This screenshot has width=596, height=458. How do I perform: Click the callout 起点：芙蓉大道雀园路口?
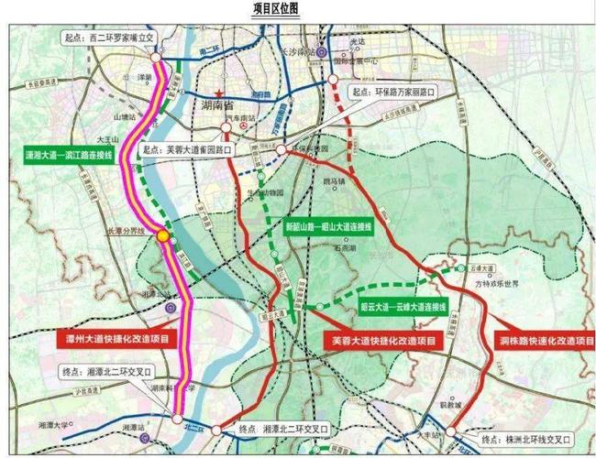(x=188, y=147)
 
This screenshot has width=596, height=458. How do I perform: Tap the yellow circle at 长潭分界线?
(x=163, y=235)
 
